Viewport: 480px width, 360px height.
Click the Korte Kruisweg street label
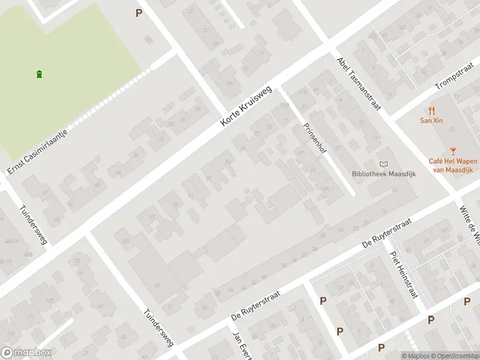click(x=246, y=106)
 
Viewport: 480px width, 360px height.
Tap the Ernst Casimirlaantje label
click(x=37, y=146)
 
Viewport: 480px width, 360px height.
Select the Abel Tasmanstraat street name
click(x=359, y=83)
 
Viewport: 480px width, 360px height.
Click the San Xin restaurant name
click(x=431, y=120)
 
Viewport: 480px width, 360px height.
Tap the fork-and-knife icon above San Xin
click(x=431, y=110)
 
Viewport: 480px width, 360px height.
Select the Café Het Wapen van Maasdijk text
click(x=452, y=165)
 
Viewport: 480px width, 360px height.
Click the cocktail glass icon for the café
click(x=453, y=151)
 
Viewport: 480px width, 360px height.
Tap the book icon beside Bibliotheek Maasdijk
click(x=383, y=164)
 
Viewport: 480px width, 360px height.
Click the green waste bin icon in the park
click(x=40, y=74)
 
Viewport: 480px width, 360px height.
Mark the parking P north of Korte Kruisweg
click(x=139, y=13)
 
